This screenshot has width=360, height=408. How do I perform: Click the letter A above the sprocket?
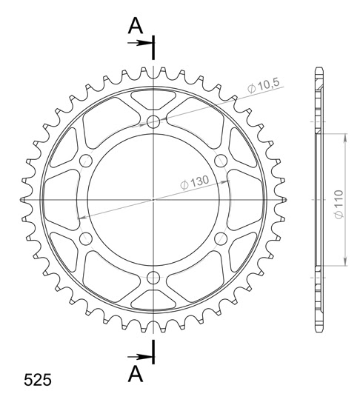pos(135,27)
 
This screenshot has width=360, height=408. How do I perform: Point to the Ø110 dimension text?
pos(337,200)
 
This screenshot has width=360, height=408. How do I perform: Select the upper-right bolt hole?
pos(220,161)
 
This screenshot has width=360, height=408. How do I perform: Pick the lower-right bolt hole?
pos(220,239)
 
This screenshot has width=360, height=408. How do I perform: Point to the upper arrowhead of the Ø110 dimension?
pos(344,137)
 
